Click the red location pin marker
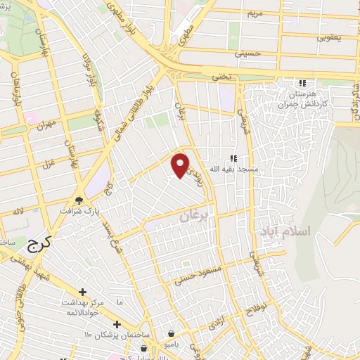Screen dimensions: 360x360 click(181, 165)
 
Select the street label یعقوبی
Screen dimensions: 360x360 click(327, 37)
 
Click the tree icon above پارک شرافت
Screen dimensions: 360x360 click(79, 199)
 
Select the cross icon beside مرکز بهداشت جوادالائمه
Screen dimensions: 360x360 click(83, 291)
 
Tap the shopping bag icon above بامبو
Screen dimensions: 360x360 click(171, 333)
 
